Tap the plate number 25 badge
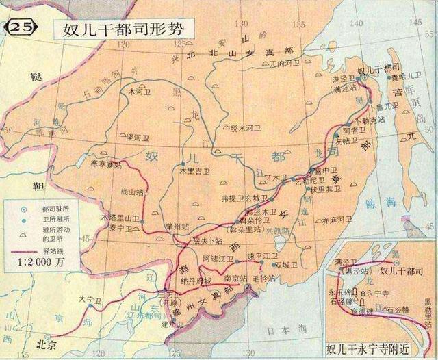pos(19,28)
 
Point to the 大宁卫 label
pos(89,299)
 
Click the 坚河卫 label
pos(138,137)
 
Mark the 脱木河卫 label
pos(246,127)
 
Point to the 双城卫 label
pos(286,266)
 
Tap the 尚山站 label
pos(131,192)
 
